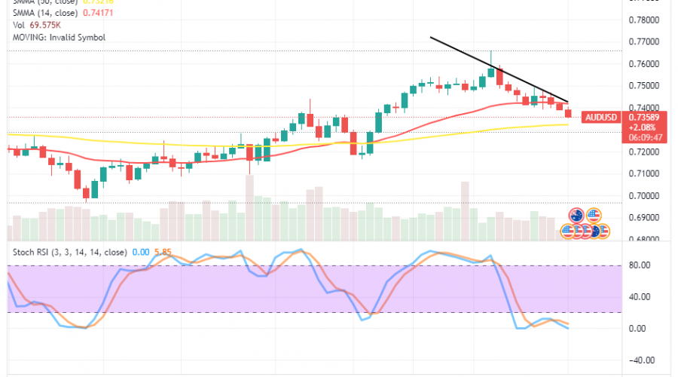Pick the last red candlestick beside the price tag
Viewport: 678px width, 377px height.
[x=569, y=113]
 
